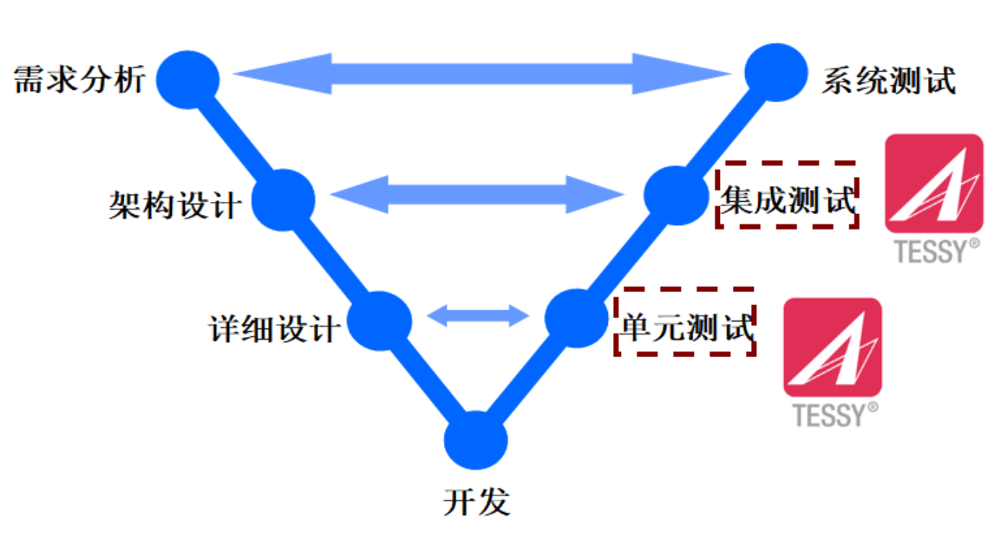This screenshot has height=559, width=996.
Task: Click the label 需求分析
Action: pyautogui.click(x=80, y=79)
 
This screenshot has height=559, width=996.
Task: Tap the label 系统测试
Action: pyautogui.click(x=889, y=80)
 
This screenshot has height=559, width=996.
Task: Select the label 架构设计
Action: pyautogui.click(x=176, y=205)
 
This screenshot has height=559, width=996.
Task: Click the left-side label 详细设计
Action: pyautogui.click(x=275, y=329)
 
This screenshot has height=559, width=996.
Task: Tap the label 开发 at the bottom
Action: pyautogui.click(x=476, y=501)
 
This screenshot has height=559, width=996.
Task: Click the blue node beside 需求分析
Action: pyautogui.click(x=188, y=79)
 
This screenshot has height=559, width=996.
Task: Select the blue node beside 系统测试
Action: pyautogui.click(x=775, y=72)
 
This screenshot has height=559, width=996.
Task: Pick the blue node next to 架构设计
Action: pyautogui.click(x=283, y=200)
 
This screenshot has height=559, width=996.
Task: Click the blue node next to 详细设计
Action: pyautogui.click(x=380, y=321)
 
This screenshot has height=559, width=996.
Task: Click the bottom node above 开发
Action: pyautogui.click(x=476, y=440)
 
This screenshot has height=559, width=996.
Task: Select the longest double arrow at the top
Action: pyautogui.click(x=481, y=73)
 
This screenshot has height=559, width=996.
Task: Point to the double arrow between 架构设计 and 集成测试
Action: pyautogui.click(x=478, y=194)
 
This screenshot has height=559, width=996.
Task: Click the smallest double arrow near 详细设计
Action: pyautogui.click(x=478, y=315)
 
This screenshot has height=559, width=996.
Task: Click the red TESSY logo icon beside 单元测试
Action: pyautogui.click(x=833, y=347)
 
